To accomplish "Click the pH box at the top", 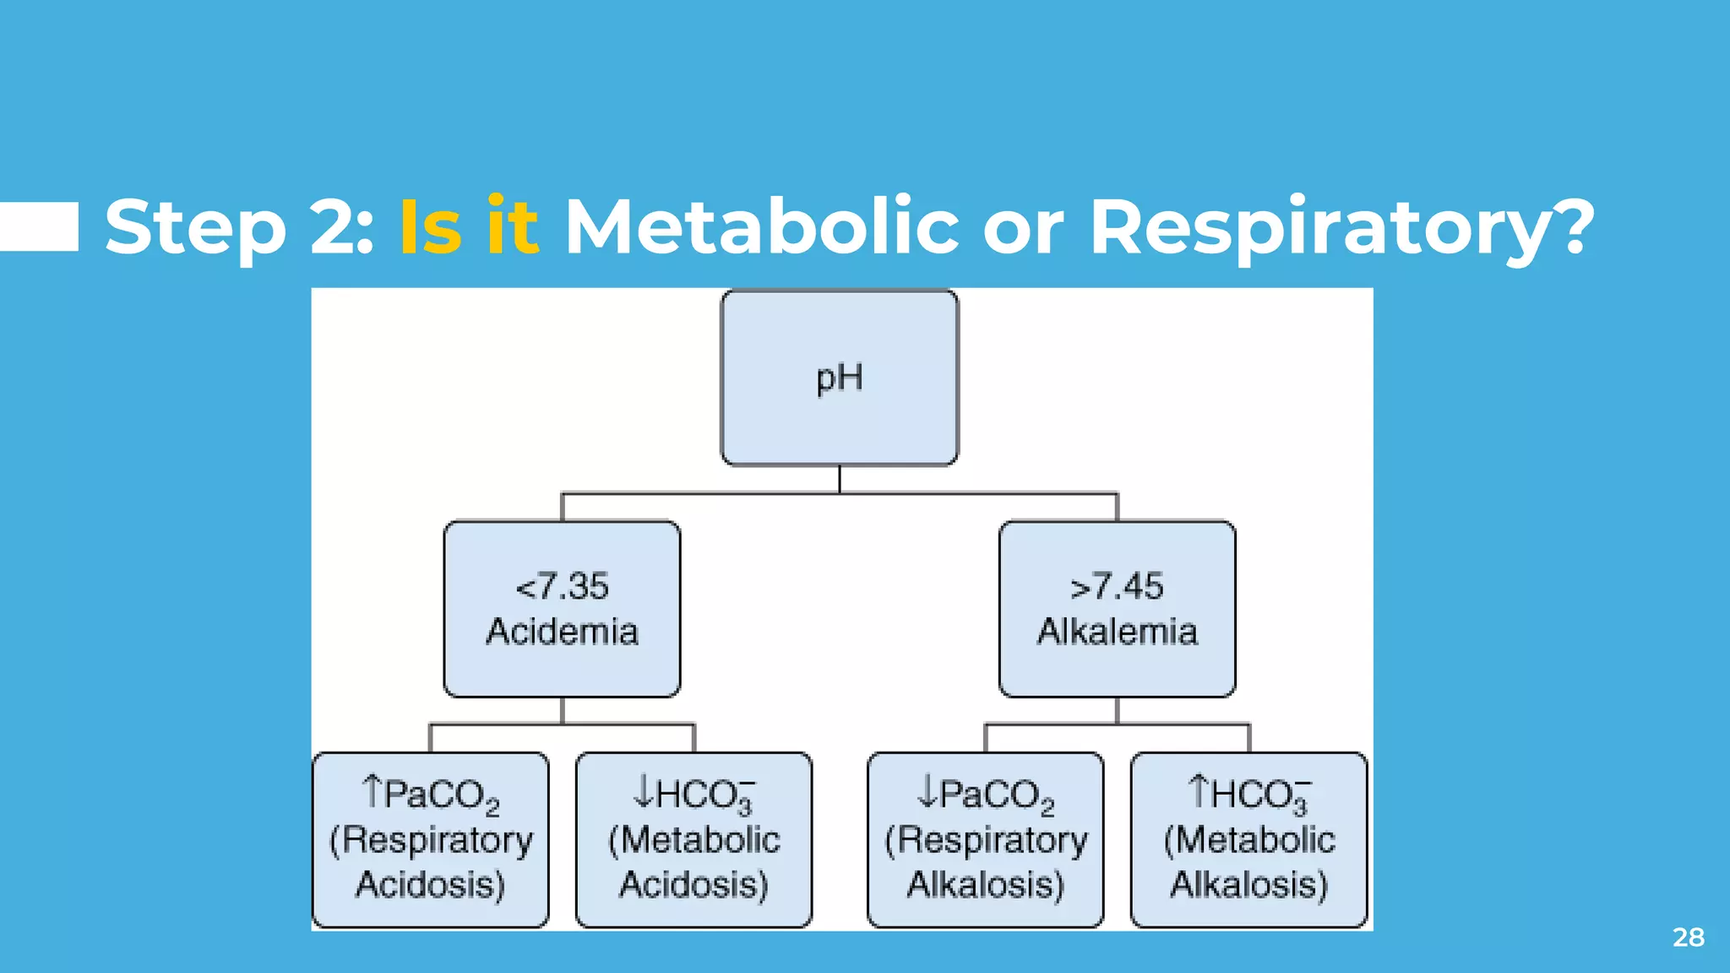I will click(x=839, y=378).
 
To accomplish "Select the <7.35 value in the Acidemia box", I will click(x=563, y=586).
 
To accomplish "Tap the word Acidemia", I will click(x=562, y=632).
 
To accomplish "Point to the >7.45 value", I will click(x=1117, y=586).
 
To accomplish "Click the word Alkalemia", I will click(x=1117, y=632).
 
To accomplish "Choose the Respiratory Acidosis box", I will click(x=430, y=840).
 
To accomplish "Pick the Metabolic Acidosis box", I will click(x=694, y=840).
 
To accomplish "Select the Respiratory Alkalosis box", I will click(x=985, y=840).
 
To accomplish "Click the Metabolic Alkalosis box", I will click(x=1249, y=840).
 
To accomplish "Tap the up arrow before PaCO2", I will click(x=371, y=792).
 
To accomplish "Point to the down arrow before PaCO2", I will click(x=927, y=792).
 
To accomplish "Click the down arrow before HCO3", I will click(x=643, y=792).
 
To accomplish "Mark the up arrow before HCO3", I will click(x=1197, y=792).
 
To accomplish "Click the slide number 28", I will click(x=1688, y=937).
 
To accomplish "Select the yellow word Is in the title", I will click(x=430, y=226).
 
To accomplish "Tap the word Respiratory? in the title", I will click(x=1341, y=226).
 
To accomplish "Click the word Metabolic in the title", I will click(x=760, y=226).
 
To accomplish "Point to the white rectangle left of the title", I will click(x=39, y=226).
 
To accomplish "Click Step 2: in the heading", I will click(x=240, y=226).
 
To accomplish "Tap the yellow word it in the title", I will click(x=512, y=226).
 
